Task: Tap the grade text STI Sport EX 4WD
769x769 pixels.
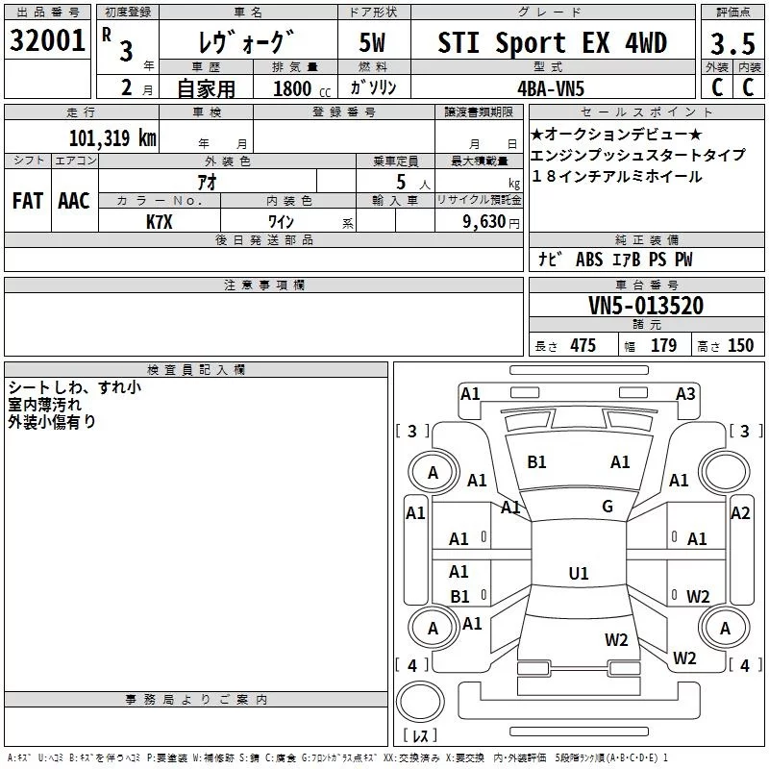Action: click(552, 42)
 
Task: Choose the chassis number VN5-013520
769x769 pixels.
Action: click(645, 306)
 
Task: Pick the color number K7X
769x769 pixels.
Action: click(160, 221)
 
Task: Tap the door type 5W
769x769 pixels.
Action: click(373, 43)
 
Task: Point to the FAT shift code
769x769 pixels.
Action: click(27, 201)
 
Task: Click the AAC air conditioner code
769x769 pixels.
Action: click(73, 201)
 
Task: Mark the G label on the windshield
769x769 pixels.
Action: click(608, 507)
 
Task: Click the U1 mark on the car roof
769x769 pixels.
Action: click(578, 574)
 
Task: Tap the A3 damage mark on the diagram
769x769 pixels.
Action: click(685, 393)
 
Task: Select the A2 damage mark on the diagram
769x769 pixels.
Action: click(739, 513)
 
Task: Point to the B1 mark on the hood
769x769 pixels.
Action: click(536, 462)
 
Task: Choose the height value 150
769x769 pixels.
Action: click(740, 346)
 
